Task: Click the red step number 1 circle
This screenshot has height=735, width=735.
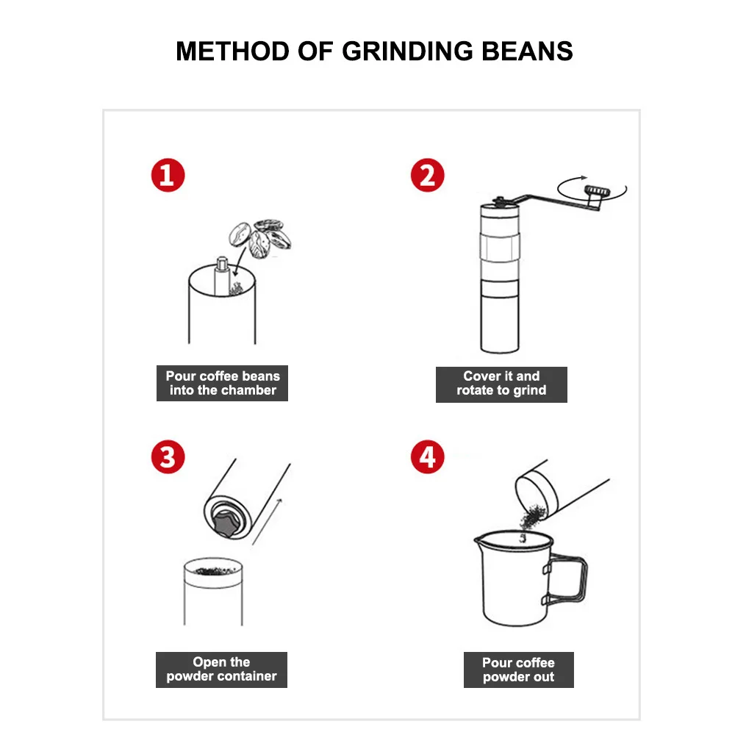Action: (x=168, y=176)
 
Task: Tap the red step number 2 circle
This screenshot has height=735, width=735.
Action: (x=428, y=176)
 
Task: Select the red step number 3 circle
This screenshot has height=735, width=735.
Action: (x=168, y=457)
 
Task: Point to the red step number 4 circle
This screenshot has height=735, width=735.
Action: (x=428, y=457)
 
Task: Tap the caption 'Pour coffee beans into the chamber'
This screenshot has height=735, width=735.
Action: (x=222, y=383)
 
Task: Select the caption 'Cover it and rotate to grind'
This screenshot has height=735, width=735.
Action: (x=501, y=383)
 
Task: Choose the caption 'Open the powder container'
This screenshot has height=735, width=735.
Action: (x=221, y=669)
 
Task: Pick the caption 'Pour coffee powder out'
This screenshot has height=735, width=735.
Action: (x=518, y=670)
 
